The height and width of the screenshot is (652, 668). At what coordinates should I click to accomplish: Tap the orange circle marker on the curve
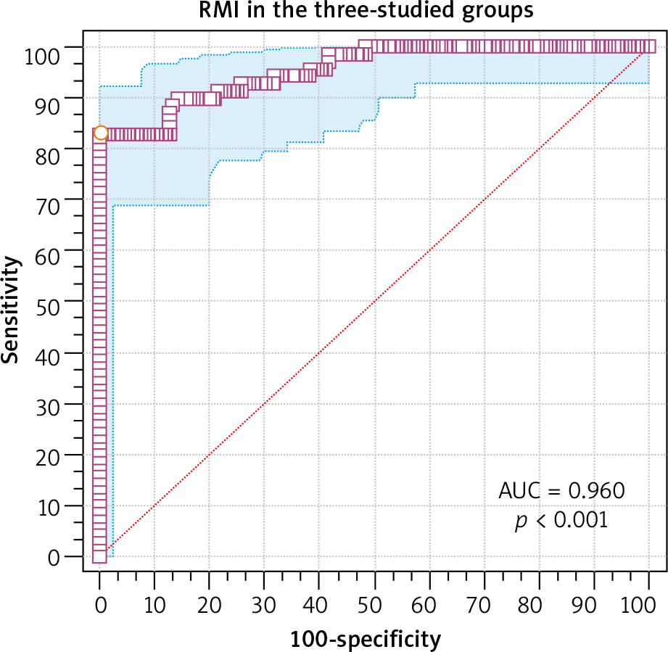(101, 133)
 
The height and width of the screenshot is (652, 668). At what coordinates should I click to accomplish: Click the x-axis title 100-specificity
(366, 639)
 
